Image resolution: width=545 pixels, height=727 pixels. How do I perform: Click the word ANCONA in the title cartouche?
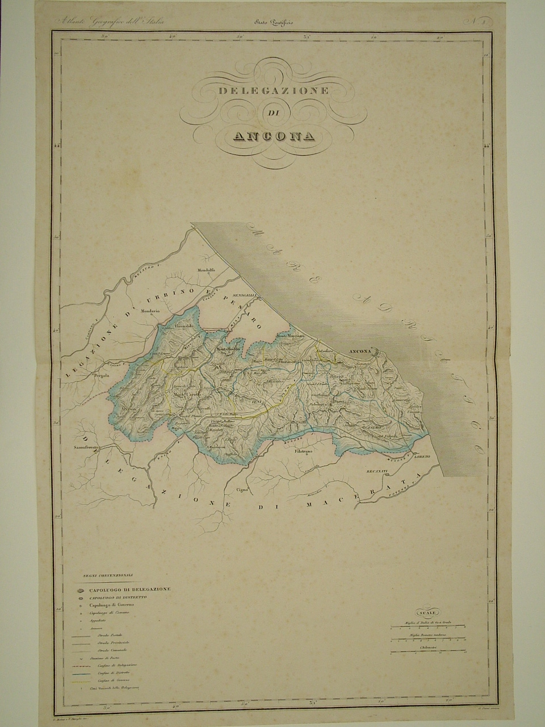273,136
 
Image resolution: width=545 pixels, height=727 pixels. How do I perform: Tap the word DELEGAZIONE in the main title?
274,91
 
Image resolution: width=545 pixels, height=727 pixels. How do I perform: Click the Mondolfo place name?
208,270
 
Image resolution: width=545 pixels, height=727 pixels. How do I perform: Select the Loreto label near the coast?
422,457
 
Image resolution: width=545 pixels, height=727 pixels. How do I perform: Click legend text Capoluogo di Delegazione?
125,590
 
